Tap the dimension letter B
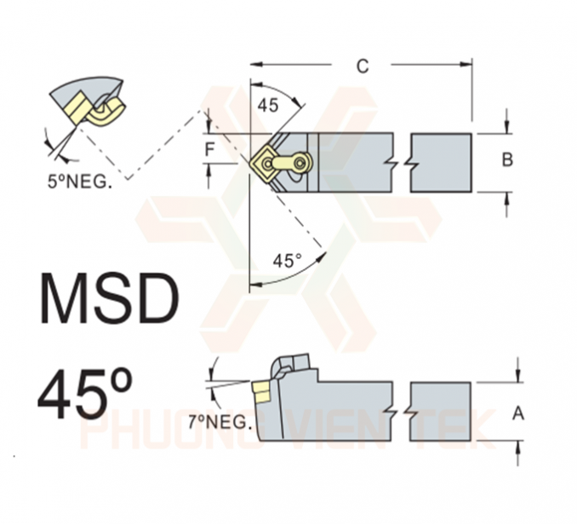(507, 160)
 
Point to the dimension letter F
(209, 150)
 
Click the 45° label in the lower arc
(286, 261)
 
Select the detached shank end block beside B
(441, 162)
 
